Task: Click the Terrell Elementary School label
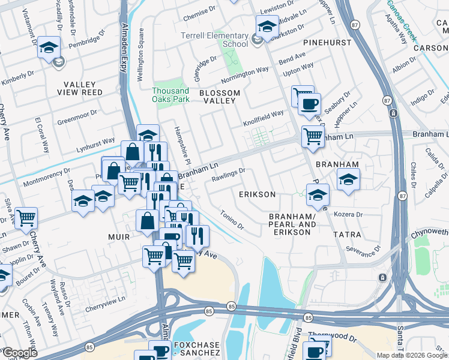coord(215,40)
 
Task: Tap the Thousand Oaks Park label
coord(170,94)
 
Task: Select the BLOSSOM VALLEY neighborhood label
coord(220,97)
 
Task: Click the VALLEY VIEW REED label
coord(80,88)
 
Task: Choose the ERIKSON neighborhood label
coord(257,195)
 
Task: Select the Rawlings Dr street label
coord(229,174)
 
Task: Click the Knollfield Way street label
coord(263,114)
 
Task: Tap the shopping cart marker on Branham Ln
coord(313,136)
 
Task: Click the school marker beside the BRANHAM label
coord(348,179)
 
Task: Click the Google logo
coord(20,353)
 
